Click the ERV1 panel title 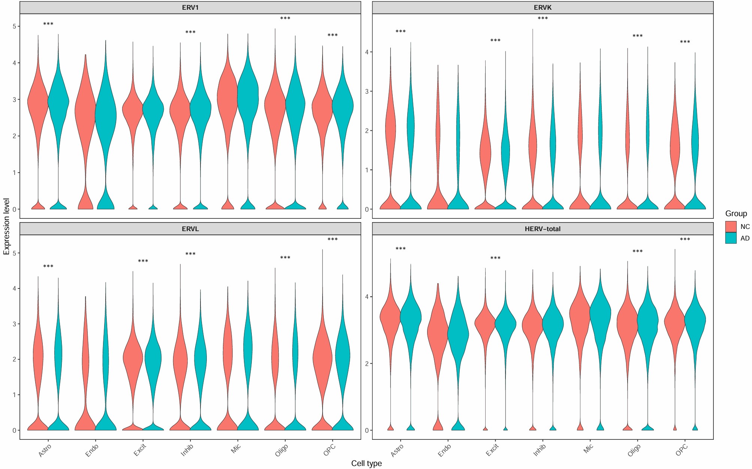click(190, 7)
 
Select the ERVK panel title click(543, 7)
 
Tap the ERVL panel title click(190, 229)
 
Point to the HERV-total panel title click(543, 229)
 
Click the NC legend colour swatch click(731, 227)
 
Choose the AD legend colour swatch click(731, 238)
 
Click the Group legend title click(736, 214)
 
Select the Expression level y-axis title click(6, 227)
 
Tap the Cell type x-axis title click(366, 463)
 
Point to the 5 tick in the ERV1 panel click(14, 26)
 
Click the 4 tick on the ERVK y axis click(367, 52)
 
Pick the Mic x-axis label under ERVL click(236, 448)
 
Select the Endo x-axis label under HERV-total click(444, 450)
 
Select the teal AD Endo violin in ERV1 click(106, 112)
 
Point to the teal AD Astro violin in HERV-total click(411, 318)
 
